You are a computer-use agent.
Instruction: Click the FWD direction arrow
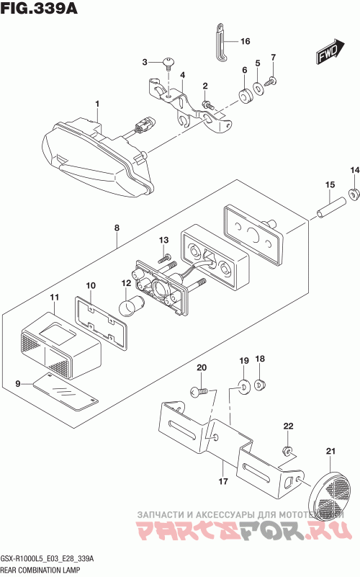(x=330, y=52)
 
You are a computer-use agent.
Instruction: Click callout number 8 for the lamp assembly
(x=117, y=228)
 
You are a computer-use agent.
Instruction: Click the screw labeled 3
(x=168, y=63)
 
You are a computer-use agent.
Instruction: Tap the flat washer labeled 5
(x=258, y=89)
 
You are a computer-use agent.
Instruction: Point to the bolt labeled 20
(x=199, y=392)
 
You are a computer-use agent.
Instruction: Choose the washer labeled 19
(x=244, y=385)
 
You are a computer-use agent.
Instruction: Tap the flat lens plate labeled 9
(x=65, y=392)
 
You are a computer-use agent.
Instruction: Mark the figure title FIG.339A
(x=39, y=8)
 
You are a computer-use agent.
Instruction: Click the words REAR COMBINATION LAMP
(x=40, y=571)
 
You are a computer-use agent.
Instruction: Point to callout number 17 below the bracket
(x=223, y=481)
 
